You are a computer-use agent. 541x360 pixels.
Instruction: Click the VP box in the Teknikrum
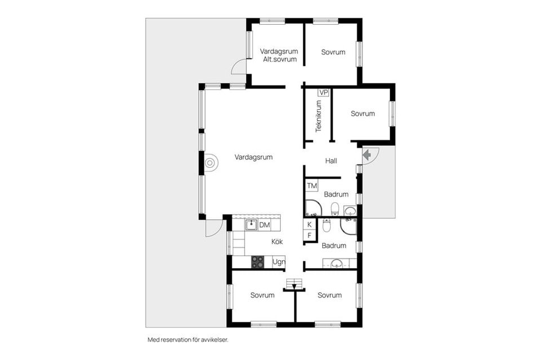[323, 93]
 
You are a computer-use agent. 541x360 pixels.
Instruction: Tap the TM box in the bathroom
[312, 186]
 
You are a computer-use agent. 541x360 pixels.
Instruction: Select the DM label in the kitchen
[265, 225]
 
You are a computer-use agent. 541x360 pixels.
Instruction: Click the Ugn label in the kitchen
[279, 262]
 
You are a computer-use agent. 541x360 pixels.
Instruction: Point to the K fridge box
[309, 224]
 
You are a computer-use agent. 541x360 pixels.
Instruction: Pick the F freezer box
[309, 235]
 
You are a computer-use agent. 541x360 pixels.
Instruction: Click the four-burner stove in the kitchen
[258, 262]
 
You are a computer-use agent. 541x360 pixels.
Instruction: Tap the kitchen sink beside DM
[251, 225]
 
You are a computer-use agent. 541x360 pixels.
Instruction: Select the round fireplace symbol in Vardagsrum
[210, 163]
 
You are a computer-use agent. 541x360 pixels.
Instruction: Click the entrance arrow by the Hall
[367, 155]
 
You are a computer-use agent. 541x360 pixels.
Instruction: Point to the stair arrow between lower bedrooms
[294, 286]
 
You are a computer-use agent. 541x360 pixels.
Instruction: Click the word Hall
[331, 161]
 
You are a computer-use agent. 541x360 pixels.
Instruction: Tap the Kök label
[277, 242]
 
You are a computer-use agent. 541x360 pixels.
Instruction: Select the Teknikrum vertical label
[318, 116]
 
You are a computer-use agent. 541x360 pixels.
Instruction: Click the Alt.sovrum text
[280, 59]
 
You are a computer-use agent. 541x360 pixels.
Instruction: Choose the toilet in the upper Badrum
[335, 208]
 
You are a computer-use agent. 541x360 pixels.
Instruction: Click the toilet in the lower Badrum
[326, 225]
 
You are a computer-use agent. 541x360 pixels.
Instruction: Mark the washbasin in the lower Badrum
[336, 264]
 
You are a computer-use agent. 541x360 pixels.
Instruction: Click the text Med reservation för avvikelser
[188, 340]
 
